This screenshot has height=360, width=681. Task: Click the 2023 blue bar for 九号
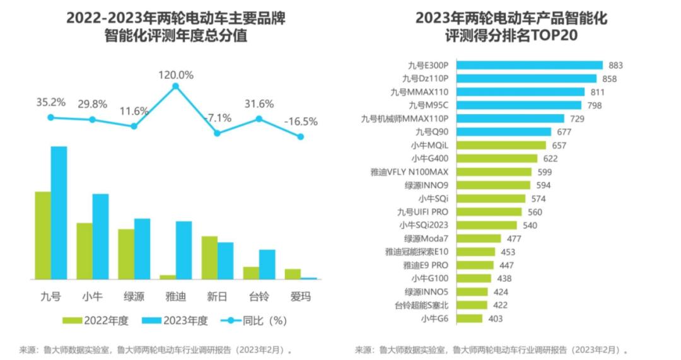pyautogui.click(x=59, y=212)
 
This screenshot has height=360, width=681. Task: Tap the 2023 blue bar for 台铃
pyautogui.click(x=267, y=264)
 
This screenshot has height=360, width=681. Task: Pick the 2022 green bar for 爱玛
pyautogui.click(x=293, y=274)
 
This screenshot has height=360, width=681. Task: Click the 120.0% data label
pyautogui.click(x=175, y=74)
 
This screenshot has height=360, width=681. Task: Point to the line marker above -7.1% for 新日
pyautogui.click(x=217, y=133)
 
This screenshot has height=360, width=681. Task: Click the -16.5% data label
pyautogui.click(x=301, y=122)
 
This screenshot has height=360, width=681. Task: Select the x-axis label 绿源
pyautogui.click(x=134, y=296)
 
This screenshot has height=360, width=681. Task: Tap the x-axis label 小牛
pyautogui.click(x=92, y=296)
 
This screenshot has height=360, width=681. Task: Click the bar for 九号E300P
pyautogui.click(x=530, y=65)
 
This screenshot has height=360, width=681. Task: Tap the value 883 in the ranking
pyautogui.click(x=615, y=65)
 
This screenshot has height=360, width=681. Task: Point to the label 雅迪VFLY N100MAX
pyautogui.click(x=410, y=171)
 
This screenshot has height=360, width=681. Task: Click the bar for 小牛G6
pyautogui.click(x=469, y=319)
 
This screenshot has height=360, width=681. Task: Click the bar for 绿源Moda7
pyautogui.click(x=478, y=238)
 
